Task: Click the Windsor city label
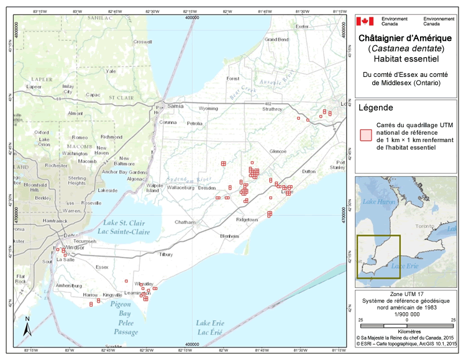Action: [75, 248]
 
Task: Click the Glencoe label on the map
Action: [278, 151]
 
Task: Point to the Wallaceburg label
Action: [181, 186]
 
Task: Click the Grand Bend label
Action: [276, 39]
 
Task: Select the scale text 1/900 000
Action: [406, 312]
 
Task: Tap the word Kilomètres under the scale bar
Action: [406, 332]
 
